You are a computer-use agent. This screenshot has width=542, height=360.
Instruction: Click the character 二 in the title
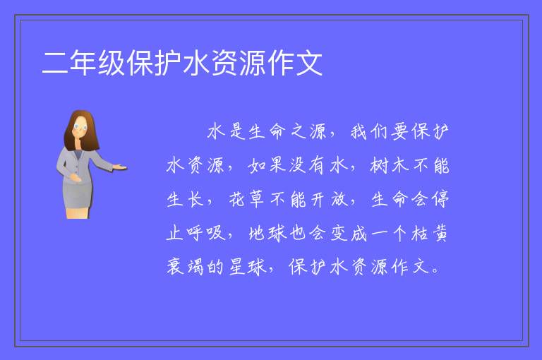(x=54, y=64)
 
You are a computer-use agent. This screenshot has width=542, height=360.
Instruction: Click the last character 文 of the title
(x=309, y=63)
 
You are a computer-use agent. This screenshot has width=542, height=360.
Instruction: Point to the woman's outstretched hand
(x=119, y=167)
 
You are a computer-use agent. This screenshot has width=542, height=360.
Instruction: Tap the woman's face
(x=80, y=128)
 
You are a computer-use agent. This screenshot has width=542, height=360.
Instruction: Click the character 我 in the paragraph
(x=359, y=132)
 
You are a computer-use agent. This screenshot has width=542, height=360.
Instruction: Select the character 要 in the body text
(x=399, y=132)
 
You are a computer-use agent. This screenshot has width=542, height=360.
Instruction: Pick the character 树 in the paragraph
(x=379, y=165)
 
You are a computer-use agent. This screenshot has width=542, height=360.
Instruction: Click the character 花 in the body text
(x=237, y=199)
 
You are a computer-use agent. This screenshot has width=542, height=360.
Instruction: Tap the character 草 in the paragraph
(x=257, y=199)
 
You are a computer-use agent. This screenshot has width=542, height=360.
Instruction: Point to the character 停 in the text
(x=440, y=199)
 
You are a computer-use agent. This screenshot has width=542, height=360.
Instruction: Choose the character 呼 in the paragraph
(x=195, y=233)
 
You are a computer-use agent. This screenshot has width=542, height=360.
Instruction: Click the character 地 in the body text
(x=257, y=233)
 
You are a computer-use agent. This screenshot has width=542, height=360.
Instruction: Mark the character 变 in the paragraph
(x=339, y=233)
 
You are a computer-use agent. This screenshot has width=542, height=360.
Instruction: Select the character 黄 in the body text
(x=440, y=233)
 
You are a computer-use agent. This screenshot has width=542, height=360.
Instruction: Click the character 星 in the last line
(x=237, y=267)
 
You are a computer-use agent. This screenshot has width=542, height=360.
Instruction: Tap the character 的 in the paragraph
(x=216, y=267)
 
